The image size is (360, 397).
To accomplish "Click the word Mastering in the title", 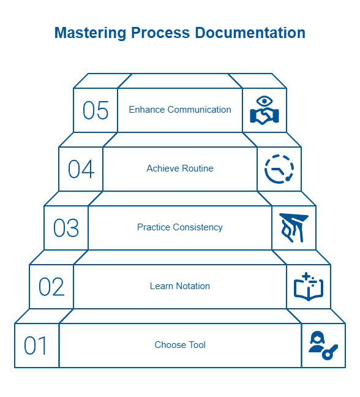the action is click(x=90, y=34).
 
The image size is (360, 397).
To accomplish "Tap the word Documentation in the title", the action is click(x=250, y=32).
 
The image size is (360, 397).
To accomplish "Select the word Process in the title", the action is click(x=160, y=32).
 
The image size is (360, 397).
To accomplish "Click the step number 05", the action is click(x=96, y=110).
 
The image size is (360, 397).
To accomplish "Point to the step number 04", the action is click(x=81, y=169).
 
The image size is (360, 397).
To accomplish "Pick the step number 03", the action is click(x=66, y=228).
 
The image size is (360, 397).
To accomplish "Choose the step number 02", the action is click(x=51, y=287).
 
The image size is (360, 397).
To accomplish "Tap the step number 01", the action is click(x=36, y=346).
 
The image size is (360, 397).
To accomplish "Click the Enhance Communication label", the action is click(x=180, y=110).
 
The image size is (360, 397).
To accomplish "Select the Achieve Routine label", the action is click(x=180, y=168).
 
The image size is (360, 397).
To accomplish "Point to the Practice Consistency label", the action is click(x=180, y=227).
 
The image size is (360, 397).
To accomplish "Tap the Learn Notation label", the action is click(x=180, y=286).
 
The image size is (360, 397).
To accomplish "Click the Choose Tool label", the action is click(x=180, y=345).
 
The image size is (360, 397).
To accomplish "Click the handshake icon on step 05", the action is click(x=264, y=116).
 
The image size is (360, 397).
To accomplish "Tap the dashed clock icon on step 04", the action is click(x=279, y=169).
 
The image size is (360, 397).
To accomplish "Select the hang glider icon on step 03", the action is click(x=293, y=228).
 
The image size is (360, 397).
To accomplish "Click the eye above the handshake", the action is click(x=264, y=101).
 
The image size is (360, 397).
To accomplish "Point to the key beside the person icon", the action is click(x=329, y=352).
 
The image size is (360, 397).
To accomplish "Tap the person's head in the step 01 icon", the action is click(x=317, y=337).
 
